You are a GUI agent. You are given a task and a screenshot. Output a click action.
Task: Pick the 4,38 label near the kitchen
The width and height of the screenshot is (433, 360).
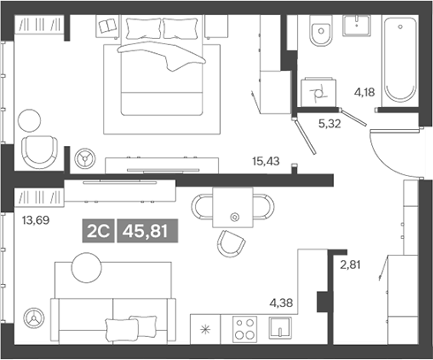coord(281,303)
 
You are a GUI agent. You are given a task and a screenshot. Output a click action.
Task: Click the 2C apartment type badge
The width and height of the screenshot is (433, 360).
coord(96,231)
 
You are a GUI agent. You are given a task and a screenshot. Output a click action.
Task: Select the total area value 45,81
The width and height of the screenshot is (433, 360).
coord(146,231)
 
